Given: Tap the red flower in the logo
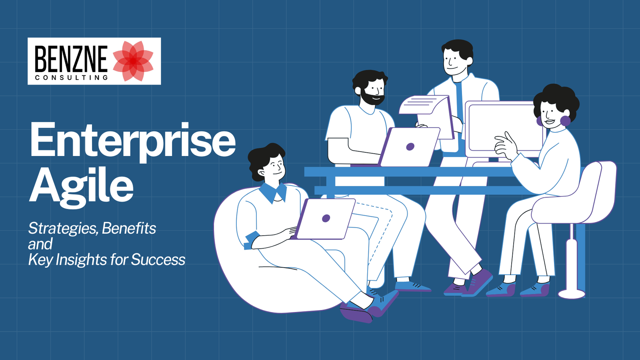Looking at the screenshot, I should (133, 61).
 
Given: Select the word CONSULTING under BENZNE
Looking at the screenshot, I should (72, 78).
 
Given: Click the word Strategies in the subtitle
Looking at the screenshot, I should (62, 228).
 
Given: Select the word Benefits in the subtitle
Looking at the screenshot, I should (129, 228).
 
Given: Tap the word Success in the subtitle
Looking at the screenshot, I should (158, 260).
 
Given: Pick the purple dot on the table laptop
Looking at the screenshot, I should (410, 147).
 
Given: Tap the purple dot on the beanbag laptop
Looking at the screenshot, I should (326, 218).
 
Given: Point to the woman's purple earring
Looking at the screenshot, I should (565, 121).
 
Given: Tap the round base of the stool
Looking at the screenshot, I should (572, 294).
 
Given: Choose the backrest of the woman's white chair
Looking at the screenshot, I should (600, 188).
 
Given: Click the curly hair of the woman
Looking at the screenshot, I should (558, 98).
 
